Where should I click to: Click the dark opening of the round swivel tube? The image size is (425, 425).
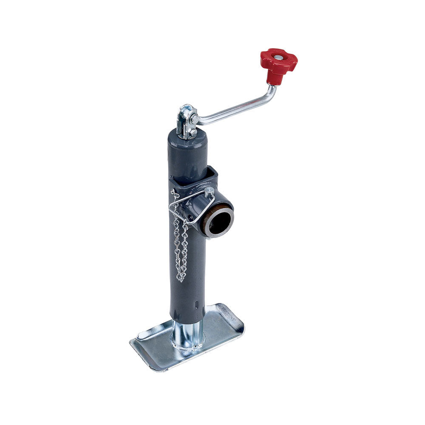220,221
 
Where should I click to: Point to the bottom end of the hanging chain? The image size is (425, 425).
181,278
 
